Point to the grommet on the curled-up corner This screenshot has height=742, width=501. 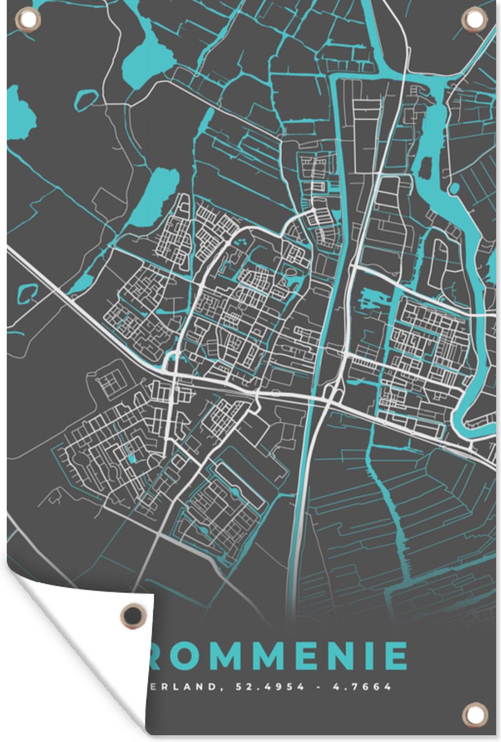click(132, 615)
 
